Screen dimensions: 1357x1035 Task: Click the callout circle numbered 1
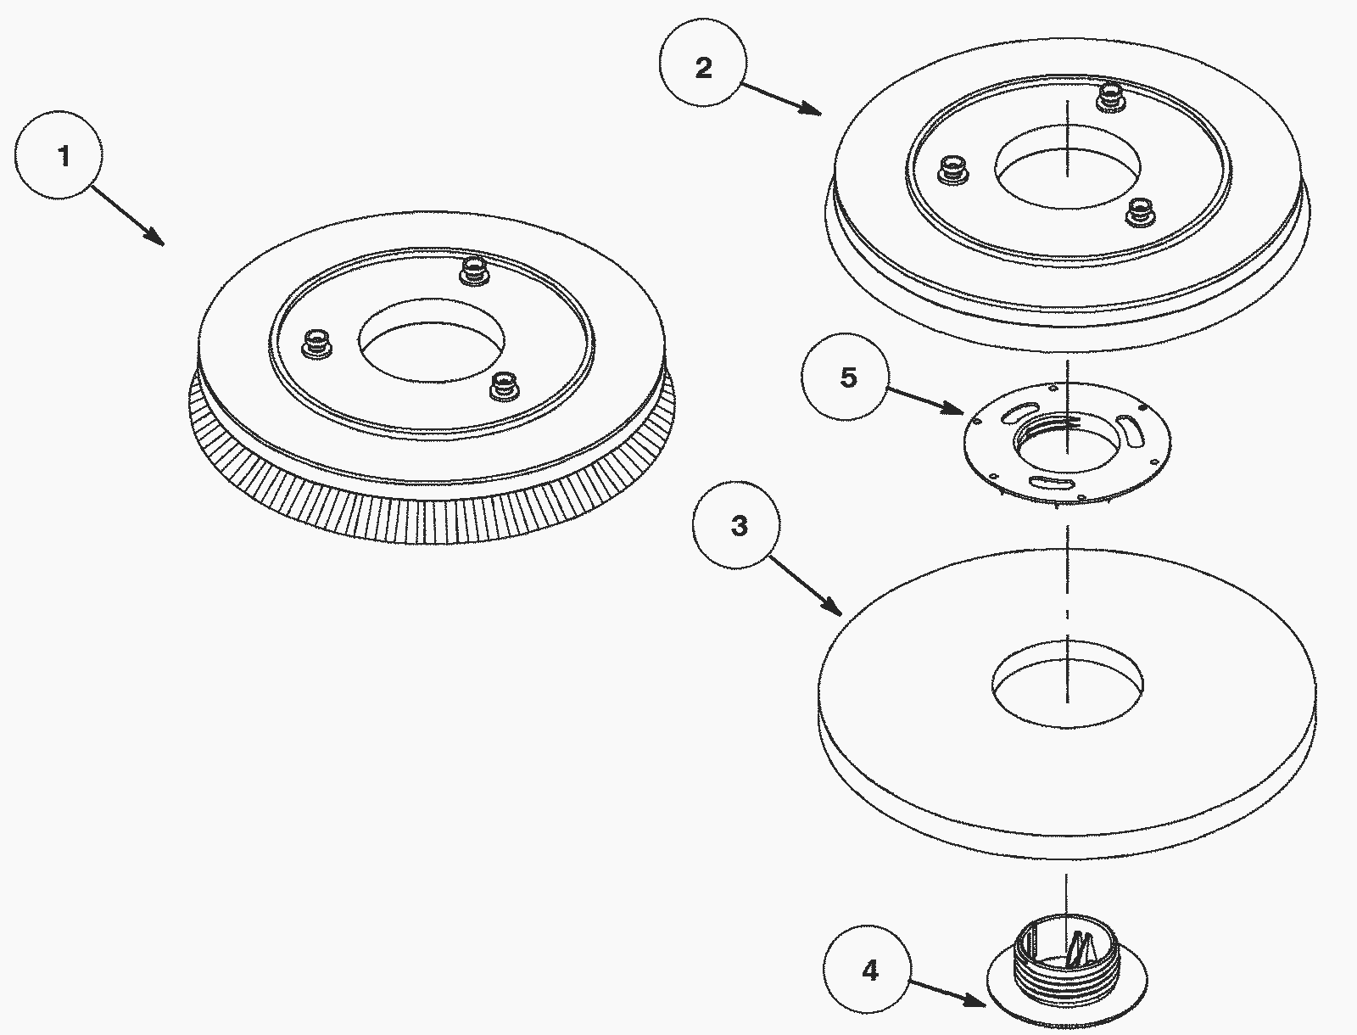tap(59, 155)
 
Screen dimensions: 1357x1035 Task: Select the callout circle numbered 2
tap(703, 67)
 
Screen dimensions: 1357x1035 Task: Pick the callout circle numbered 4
tap(868, 970)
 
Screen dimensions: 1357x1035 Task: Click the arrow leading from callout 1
tap(129, 215)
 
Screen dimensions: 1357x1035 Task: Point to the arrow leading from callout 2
tap(781, 99)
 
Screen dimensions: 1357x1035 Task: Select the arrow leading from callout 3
tap(806, 587)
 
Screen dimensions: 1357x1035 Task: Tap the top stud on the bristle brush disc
tap(474, 271)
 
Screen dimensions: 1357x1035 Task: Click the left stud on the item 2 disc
tap(952, 170)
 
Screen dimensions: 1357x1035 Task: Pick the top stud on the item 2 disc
tap(1110, 98)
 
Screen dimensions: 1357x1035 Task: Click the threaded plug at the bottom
tap(1067, 971)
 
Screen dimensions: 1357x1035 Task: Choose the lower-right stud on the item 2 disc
tap(1140, 212)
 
